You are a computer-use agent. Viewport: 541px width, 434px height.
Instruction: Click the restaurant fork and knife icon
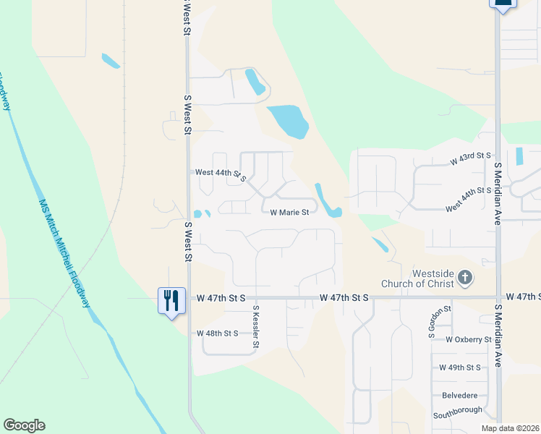(171, 299)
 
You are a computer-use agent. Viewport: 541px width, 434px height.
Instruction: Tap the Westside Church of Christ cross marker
(465, 278)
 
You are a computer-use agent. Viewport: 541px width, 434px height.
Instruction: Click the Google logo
(24, 425)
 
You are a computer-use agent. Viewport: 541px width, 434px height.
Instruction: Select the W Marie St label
(289, 213)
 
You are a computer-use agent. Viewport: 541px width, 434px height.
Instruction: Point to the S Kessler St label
(255, 327)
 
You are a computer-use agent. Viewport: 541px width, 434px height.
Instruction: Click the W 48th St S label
(217, 333)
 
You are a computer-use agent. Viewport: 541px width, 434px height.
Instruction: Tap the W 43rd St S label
(470, 158)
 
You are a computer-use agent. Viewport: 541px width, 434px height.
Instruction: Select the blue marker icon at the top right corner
(503, 4)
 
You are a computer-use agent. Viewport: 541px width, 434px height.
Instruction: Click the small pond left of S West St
(111, 61)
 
